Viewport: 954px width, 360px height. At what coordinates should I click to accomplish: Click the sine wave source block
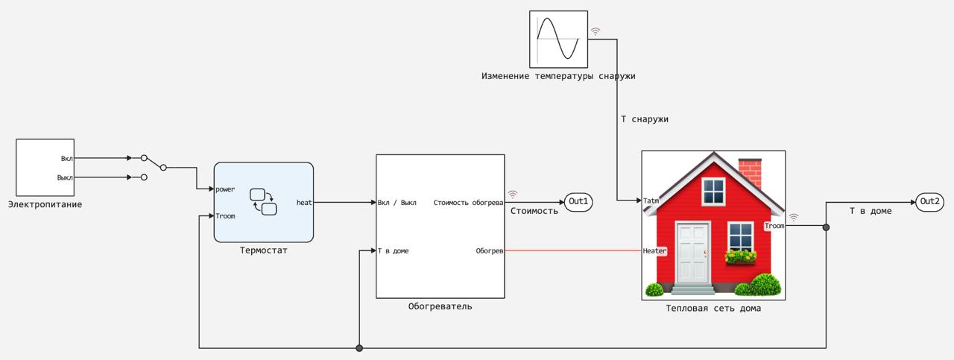point(558,39)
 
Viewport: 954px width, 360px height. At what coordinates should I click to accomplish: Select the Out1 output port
point(578,201)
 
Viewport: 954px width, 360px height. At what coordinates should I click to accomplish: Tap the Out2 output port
point(930,201)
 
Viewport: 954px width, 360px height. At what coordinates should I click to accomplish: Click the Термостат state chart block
point(263,202)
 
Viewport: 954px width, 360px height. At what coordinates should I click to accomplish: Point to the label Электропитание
point(45,204)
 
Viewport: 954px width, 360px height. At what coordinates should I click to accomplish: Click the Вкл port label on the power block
point(66,158)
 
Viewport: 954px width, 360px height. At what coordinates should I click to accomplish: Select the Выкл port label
point(65,177)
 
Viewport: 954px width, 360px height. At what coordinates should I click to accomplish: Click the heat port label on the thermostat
point(304,202)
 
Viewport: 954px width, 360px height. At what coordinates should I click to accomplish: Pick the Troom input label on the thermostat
point(225,216)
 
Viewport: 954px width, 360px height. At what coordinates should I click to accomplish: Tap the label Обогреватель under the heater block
point(440,306)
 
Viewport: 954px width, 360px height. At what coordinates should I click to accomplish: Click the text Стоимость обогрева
point(468,202)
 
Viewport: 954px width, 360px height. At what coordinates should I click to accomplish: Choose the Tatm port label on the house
point(651,200)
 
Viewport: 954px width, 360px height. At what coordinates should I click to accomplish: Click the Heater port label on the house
point(654,251)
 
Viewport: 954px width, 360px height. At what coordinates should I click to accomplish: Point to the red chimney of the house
point(749,171)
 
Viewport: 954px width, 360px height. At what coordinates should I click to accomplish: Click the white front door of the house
point(692,253)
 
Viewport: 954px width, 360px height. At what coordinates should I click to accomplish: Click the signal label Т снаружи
point(645,119)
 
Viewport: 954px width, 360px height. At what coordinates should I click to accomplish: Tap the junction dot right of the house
point(826,227)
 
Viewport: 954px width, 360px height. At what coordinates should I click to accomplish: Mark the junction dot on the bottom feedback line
point(359,348)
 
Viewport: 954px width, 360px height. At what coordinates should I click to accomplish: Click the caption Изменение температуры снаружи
point(558,76)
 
